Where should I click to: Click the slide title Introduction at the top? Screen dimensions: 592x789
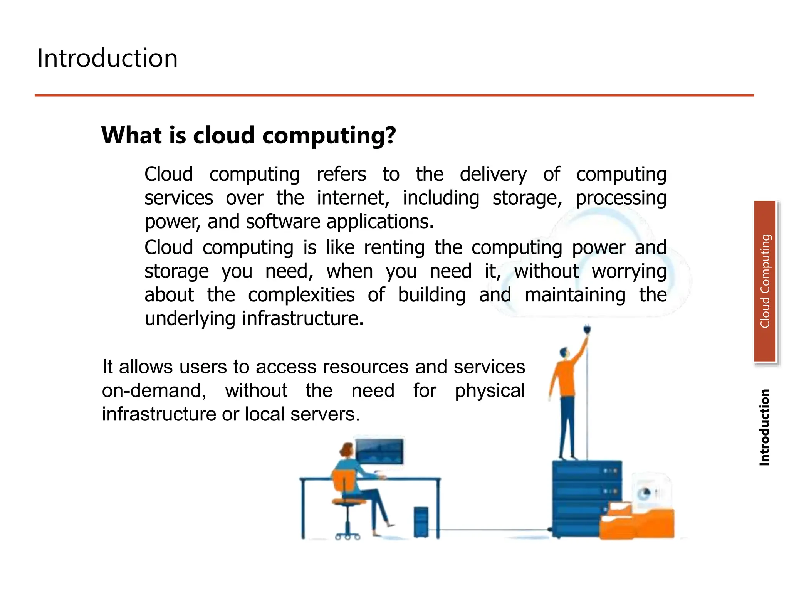coord(107,58)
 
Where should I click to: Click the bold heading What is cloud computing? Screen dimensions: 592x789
coord(248,135)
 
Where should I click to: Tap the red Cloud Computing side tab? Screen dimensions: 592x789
coord(765,281)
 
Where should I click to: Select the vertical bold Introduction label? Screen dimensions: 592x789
coord(764,427)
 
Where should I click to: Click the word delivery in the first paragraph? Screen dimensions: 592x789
coord(493,174)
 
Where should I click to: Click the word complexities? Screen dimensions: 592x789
coord(301,295)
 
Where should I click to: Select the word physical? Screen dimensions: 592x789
coord(490,390)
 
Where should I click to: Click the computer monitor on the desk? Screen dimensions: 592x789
coord(379,452)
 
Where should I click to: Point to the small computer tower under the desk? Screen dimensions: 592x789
coord(421,522)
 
